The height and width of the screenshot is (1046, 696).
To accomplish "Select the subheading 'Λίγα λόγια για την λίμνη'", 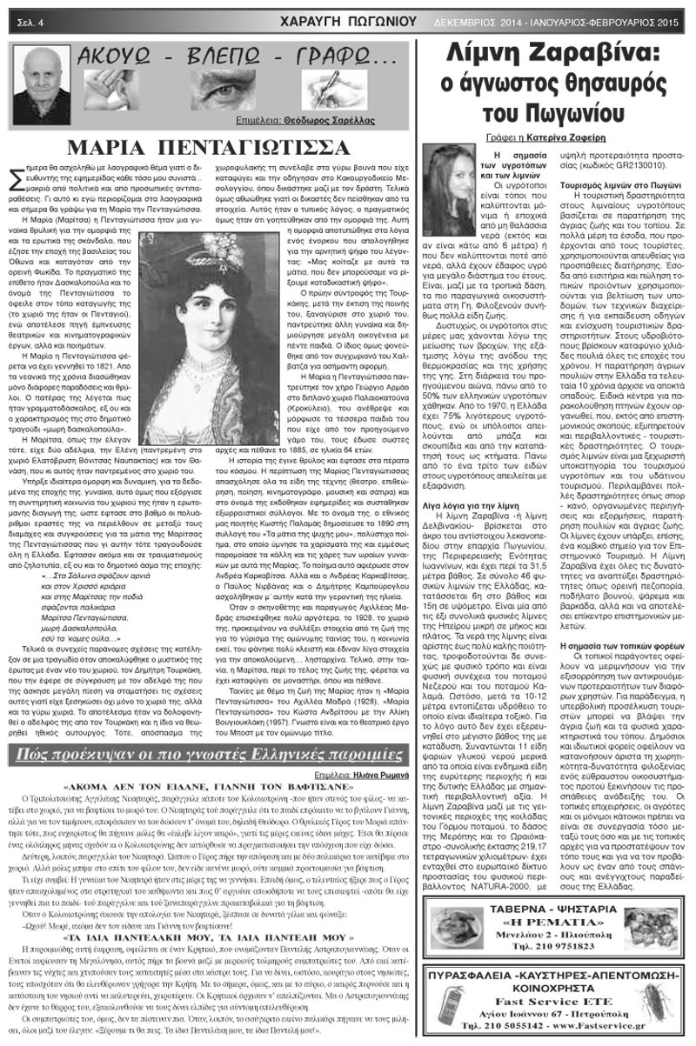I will (x=497, y=528).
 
